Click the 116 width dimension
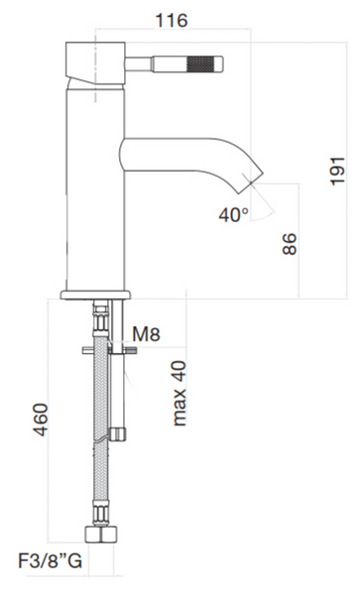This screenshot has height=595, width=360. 172,21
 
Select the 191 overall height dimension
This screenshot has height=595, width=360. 337,171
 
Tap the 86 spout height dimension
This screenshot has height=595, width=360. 290,244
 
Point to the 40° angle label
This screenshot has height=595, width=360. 234,215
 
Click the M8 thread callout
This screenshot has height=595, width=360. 147,334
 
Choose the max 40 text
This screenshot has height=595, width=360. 180,393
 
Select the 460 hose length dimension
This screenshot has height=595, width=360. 41,419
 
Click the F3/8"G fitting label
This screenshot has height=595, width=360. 50,561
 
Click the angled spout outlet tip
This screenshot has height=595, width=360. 251,180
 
